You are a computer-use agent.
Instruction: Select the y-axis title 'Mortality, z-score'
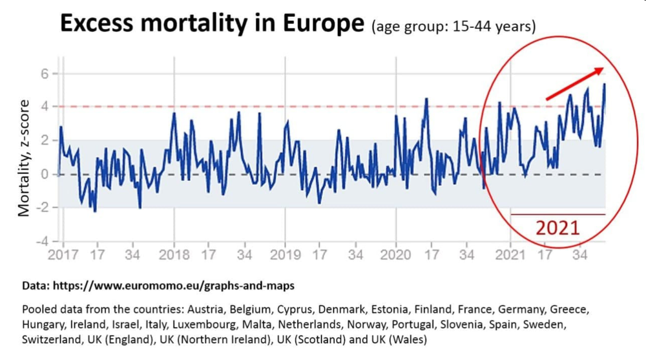tap(24, 158)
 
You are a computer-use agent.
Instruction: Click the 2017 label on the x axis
tap(63, 255)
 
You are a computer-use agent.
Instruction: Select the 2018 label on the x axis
tap(174, 255)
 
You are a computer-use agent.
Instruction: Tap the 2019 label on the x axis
tap(286, 255)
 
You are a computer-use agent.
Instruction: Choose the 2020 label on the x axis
tap(396, 255)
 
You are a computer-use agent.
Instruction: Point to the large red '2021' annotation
tap(557, 228)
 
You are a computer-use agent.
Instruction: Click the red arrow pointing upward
tap(575, 83)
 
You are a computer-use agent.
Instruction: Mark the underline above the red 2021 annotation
tap(557, 214)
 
